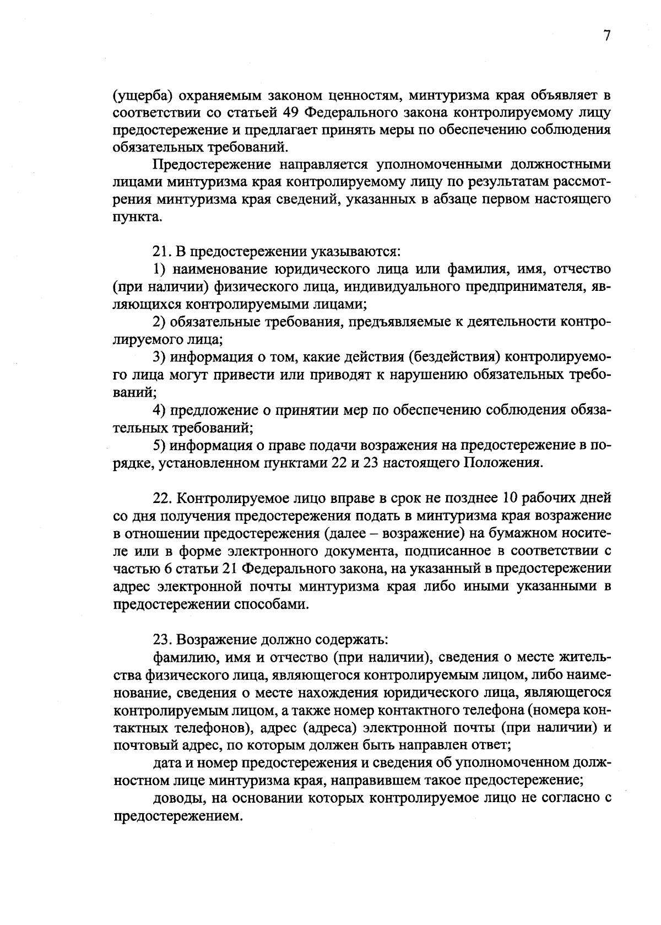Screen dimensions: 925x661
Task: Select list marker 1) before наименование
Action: (x=160, y=269)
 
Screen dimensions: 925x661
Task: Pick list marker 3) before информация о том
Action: (x=160, y=357)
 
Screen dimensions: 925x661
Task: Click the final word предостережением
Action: (x=178, y=816)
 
